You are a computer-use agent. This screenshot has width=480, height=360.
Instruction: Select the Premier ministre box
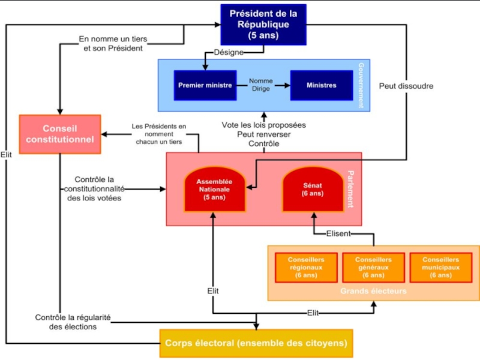[205, 85]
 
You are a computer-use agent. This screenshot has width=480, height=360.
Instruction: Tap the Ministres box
[321, 85]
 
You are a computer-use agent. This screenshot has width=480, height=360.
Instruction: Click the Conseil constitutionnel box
[59, 134]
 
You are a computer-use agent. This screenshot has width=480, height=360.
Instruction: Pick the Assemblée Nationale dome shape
[214, 189]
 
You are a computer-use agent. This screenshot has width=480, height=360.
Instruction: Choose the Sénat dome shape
[312, 189]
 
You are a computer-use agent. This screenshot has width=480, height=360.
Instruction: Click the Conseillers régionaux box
[306, 267]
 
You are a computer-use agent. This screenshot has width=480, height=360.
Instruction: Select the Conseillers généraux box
[373, 267]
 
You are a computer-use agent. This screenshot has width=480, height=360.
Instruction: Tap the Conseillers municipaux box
[440, 267]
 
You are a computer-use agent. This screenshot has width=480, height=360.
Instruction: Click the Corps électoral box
[256, 344]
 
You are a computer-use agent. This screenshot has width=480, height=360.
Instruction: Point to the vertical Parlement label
[350, 189]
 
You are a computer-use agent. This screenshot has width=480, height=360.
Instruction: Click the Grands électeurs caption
[373, 291]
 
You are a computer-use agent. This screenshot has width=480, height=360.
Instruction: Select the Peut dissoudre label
[406, 86]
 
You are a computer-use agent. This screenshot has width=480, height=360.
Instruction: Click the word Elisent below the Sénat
[339, 233]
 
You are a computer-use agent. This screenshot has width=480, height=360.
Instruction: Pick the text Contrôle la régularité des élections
[74, 322]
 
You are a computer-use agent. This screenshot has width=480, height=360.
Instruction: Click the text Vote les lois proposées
[263, 125]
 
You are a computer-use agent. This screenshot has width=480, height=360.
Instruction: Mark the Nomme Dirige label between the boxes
[261, 85]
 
